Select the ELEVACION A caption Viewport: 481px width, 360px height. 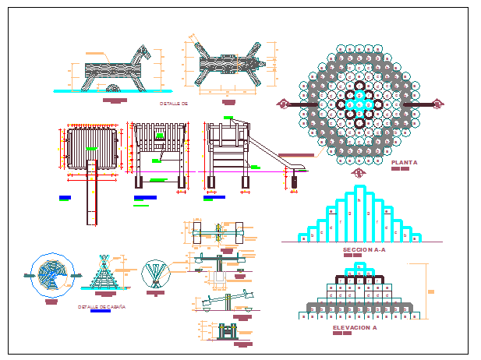[x=355, y=328]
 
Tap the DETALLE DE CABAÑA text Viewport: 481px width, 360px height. [x=102, y=307]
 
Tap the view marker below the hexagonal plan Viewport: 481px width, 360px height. [x=359, y=172]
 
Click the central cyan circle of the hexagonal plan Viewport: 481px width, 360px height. [x=359, y=101]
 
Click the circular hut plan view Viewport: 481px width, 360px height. [x=52, y=274]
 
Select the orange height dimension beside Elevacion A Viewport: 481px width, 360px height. [x=427, y=290]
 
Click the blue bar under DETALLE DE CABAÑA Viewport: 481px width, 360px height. [x=100, y=314]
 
